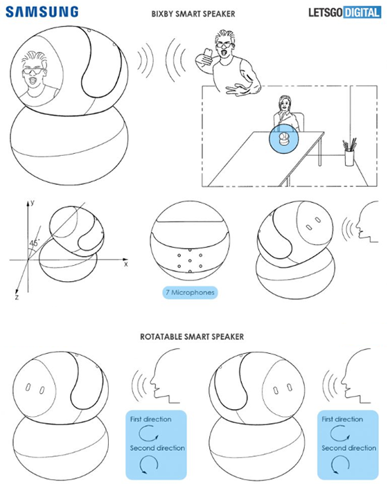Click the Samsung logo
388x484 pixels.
pos(42,12)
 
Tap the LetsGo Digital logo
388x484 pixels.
pos(344,12)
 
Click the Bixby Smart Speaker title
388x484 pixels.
pos(193,14)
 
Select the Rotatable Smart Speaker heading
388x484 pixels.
pos(192,337)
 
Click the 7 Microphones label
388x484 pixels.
pos(190,292)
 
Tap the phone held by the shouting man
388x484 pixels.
pos(208,53)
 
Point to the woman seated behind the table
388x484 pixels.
pos(285,114)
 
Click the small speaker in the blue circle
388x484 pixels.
pos(284,139)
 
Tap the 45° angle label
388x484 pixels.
pos(34,243)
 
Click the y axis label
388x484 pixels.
pos(33,202)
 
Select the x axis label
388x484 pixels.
pos(125,265)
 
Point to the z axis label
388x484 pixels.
pos(17,297)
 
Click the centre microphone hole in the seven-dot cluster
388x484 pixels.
pos(190,261)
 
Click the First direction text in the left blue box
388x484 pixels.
pos(151,419)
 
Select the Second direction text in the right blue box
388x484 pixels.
pos(349,448)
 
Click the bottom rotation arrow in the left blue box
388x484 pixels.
pos(149,464)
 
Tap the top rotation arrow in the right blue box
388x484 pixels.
pos(339,433)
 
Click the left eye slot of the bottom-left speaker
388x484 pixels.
pos(28,387)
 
